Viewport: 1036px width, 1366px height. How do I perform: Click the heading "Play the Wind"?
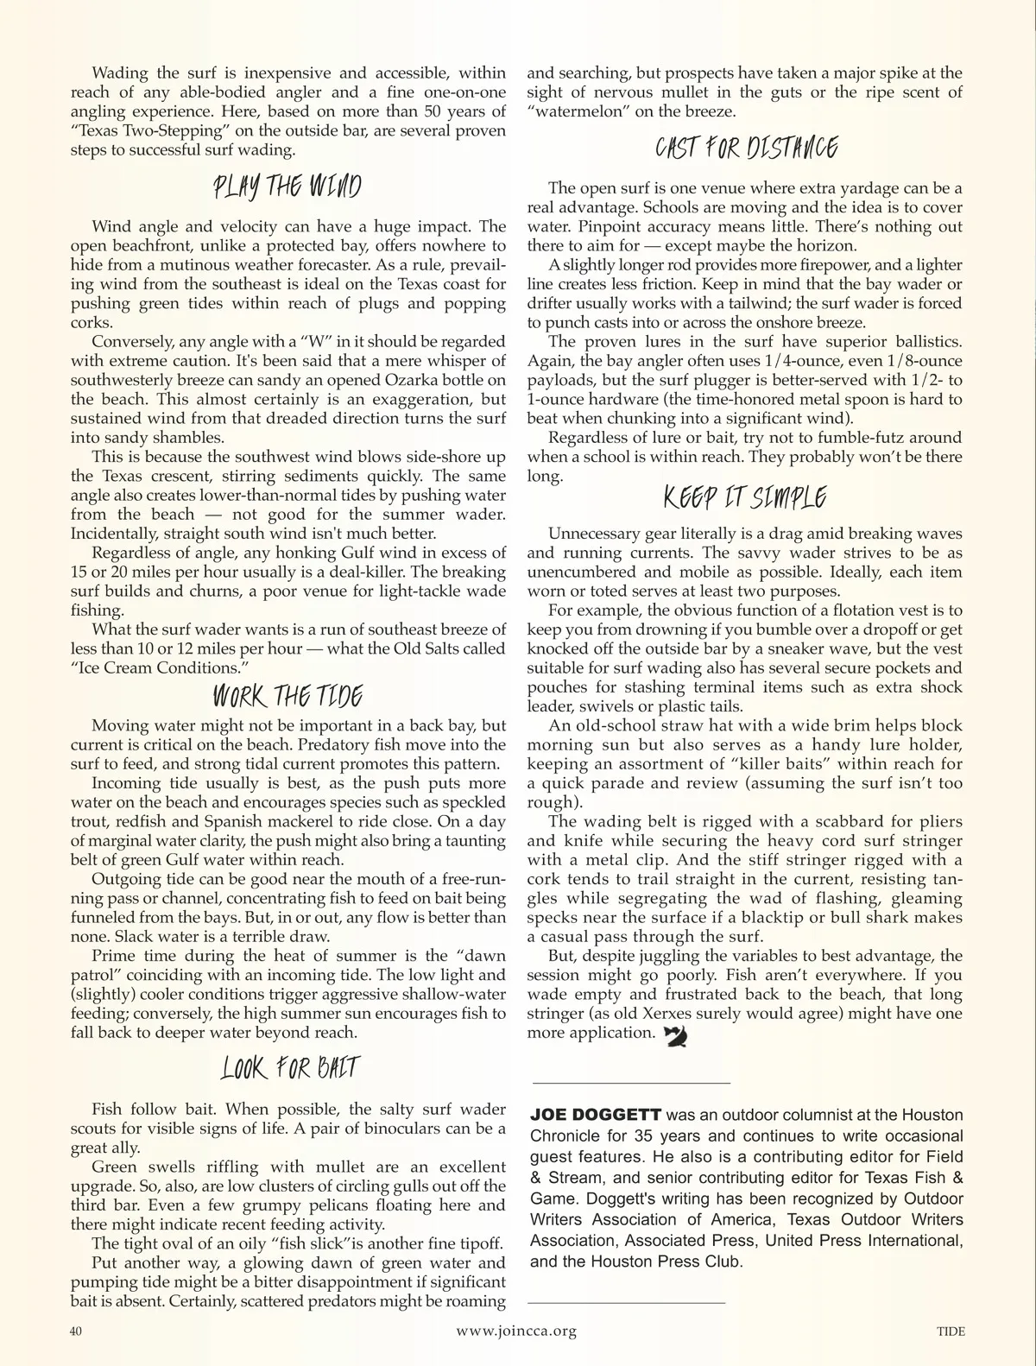pyautogui.click(x=287, y=187)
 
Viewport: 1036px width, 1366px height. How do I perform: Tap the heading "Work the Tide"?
pyautogui.click(x=287, y=697)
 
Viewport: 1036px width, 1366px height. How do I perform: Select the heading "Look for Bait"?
pyautogui.click(x=288, y=1069)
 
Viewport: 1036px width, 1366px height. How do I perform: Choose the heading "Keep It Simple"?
pyautogui.click(x=745, y=498)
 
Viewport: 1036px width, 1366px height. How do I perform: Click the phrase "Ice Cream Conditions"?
pyautogui.click(x=157, y=668)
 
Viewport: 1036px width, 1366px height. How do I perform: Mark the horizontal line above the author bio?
pyautogui.click(x=632, y=1083)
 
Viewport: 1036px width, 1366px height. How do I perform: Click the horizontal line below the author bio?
pyautogui.click(x=627, y=1302)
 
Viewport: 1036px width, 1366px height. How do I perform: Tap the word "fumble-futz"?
pyautogui.click(x=873, y=438)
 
